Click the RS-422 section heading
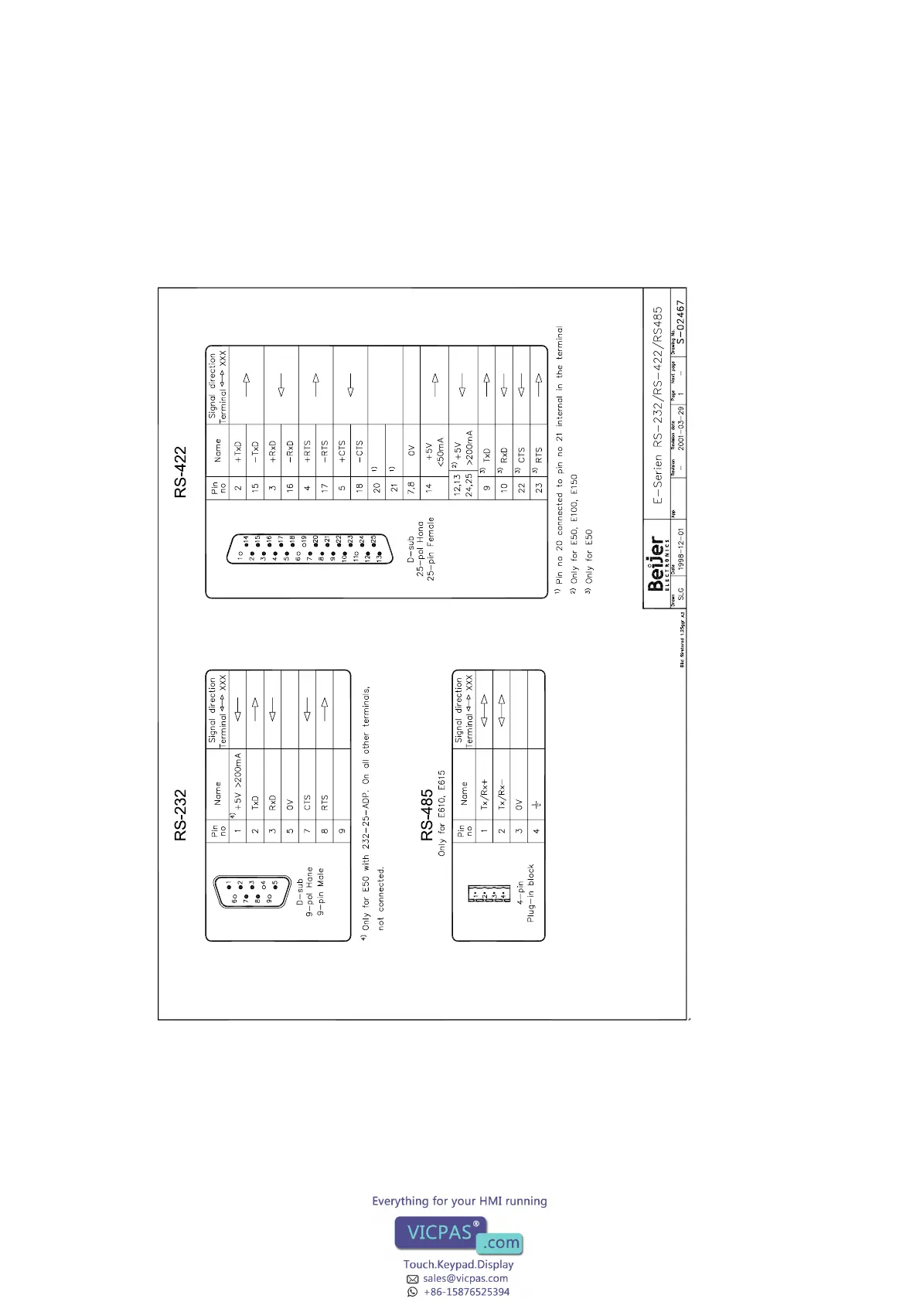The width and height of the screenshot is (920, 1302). [x=180, y=472]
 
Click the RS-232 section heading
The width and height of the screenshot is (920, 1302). [x=180, y=815]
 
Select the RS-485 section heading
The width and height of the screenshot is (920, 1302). [x=427, y=815]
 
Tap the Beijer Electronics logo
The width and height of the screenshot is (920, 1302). [x=657, y=563]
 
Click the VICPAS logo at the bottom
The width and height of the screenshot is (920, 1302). [x=458, y=1235]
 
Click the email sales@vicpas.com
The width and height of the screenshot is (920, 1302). [x=465, y=1278]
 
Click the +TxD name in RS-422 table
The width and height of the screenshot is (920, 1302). [x=237, y=451]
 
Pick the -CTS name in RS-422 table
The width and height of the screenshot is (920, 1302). [x=359, y=451]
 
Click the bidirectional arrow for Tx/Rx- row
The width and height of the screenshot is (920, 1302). [x=502, y=711]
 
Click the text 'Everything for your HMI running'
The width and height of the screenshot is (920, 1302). [x=459, y=1201]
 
